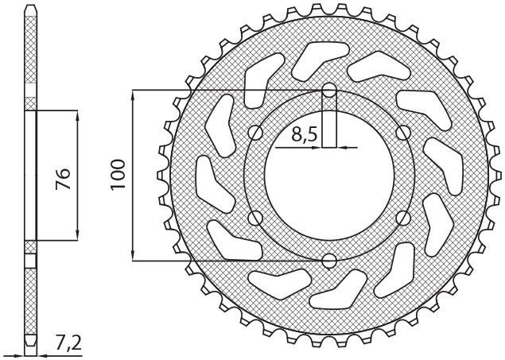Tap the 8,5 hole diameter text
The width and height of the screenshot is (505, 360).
(305, 134)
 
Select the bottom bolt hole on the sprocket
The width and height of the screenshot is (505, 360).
(328, 260)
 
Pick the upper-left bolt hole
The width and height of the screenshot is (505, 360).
(255, 132)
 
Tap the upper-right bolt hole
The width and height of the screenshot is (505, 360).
(402, 132)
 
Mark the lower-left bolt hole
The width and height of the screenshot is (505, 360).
(255, 217)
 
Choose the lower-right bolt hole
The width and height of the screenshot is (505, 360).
(402, 217)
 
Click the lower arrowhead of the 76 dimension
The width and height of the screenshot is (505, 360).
(77, 234)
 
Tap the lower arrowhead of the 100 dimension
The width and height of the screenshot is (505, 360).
(133, 256)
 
